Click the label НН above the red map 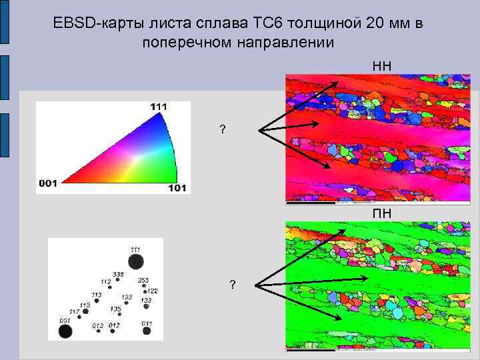(x=382, y=66)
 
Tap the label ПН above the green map (x=382, y=214)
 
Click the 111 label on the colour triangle (x=159, y=106)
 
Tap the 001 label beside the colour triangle (x=48, y=183)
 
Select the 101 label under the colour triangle (x=177, y=188)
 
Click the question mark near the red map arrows (x=222, y=129)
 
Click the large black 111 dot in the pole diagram (x=135, y=262)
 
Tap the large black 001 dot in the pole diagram (x=65, y=331)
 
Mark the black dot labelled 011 (x=146, y=332)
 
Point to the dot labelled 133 (x=146, y=307)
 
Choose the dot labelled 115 (x=85, y=311)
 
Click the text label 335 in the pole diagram (x=118, y=274)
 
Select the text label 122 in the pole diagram (x=152, y=291)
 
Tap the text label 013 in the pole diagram (x=97, y=325)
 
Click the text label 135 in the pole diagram (x=115, y=309)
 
